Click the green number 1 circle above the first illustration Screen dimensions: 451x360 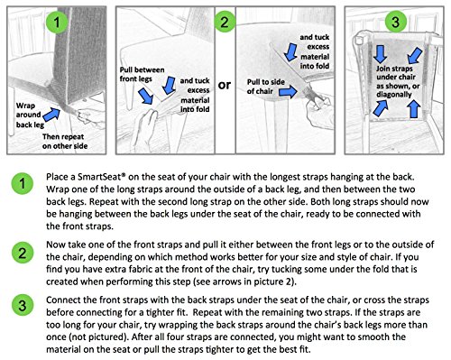[x=57, y=22]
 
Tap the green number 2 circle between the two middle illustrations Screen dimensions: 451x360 [x=225, y=22]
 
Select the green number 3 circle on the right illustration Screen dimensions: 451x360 [x=396, y=22]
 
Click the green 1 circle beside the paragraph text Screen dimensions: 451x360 [x=23, y=183]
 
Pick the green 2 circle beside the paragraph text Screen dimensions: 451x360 [x=23, y=253]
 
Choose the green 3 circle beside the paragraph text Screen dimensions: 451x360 [x=23, y=305]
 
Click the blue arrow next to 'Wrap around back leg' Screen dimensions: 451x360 [x=51, y=115]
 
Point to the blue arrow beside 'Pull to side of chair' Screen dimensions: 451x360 [x=288, y=91]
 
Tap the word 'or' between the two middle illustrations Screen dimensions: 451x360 [x=225, y=85]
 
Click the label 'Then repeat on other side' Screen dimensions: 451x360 [x=65, y=142]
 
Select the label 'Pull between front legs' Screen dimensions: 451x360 [x=142, y=74]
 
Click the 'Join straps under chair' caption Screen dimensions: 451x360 [x=395, y=73]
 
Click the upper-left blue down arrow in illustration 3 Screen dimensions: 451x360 [x=381, y=54]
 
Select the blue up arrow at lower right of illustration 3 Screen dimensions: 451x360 [x=414, y=108]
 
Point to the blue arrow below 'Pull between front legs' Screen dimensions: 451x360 [x=146, y=96]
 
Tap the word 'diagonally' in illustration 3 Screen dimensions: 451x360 [x=394, y=95]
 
